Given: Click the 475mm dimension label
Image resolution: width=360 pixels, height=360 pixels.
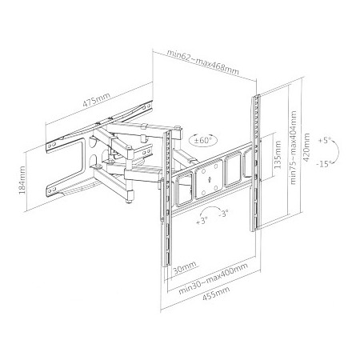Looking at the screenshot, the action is coord(96,100).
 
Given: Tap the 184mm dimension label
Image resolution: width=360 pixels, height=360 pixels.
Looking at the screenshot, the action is coord(22,180).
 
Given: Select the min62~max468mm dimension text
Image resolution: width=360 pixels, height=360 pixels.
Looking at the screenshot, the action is coord(203,63).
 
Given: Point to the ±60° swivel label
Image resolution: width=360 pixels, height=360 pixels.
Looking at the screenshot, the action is coord(202,140).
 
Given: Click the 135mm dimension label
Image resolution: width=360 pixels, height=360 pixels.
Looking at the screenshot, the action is coord(278,155).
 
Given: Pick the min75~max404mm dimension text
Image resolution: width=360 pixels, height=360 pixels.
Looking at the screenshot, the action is coord(293,147).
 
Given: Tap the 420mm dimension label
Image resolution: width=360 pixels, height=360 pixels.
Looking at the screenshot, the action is coord(306,147).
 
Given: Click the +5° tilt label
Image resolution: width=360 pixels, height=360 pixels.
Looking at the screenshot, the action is coord(324,140).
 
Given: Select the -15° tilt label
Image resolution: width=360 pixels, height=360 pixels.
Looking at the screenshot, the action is coord(324,164).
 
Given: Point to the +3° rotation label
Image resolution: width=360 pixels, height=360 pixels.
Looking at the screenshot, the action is coord(202,221).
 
